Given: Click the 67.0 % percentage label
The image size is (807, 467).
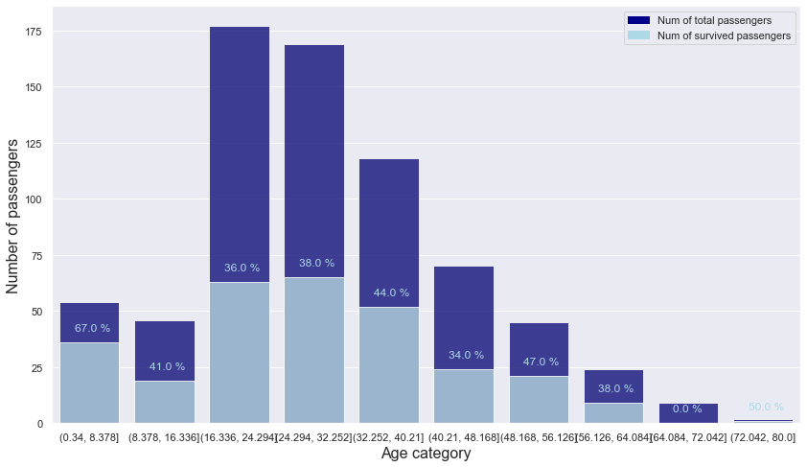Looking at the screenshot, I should click(92, 328).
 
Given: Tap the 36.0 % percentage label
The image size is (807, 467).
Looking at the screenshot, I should click(242, 268).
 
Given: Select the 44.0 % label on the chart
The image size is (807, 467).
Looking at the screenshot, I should click(391, 292).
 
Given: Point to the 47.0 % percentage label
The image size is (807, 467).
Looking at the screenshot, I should click(541, 362).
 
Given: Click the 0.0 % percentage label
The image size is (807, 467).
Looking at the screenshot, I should click(687, 409).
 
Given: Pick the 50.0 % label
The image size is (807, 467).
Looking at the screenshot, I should click(766, 407).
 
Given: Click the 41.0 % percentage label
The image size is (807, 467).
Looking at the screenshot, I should click(167, 366).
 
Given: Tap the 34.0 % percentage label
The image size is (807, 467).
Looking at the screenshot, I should click(466, 355).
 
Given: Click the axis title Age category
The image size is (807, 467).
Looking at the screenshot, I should click(426, 454).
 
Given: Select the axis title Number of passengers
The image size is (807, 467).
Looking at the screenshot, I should click(13, 216).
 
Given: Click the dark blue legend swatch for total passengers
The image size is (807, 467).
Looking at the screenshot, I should click(637, 20).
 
